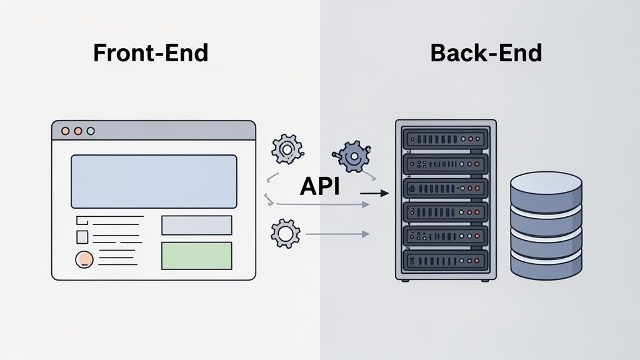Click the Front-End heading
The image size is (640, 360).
point(150,53)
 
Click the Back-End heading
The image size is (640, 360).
point(486,53)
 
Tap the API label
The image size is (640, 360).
point(319,186)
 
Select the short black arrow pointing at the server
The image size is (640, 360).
point(374,194)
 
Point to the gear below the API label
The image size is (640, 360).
point(285,233)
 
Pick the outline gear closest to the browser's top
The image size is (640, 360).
point(286,149)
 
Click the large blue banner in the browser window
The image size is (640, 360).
point(154,181)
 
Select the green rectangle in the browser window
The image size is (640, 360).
point(196,256)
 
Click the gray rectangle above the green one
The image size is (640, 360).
point(196,225)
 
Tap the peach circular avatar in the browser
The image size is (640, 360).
point(83,259)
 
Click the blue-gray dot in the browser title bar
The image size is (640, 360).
point(91,131)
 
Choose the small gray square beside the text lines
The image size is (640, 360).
point(82,237)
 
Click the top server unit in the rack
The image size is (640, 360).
point(445,138)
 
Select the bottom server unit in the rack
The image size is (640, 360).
point(445,259)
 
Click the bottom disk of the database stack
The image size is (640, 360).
point(546,266)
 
